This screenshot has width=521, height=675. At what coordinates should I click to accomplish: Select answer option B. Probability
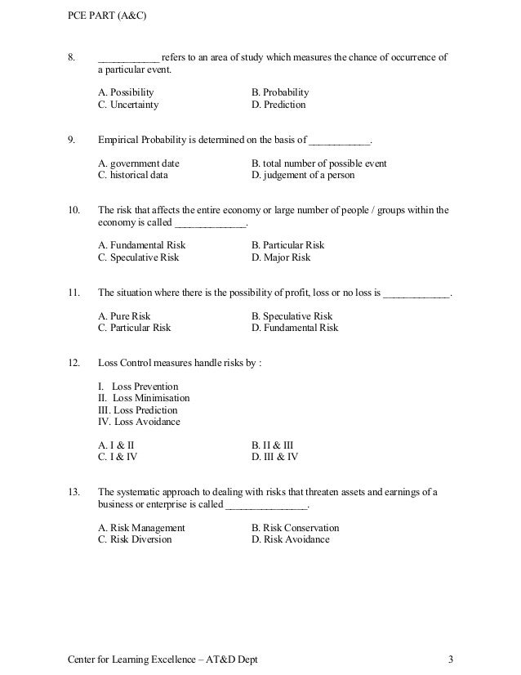click(279, 92)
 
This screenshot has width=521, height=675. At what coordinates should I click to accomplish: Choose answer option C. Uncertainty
click(128, 105)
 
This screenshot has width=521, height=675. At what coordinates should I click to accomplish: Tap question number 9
click(72, 140)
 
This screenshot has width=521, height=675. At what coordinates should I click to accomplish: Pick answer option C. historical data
click(133, 175)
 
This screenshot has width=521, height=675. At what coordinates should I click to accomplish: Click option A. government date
click(138, 163)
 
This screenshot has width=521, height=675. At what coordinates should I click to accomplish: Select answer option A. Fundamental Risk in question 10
click(141, 245)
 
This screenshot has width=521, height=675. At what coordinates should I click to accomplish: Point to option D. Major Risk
click(281, 257)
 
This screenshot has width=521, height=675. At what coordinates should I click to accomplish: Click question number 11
click(74, 293)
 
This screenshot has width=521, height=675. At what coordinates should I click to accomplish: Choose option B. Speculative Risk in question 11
click(292, 316)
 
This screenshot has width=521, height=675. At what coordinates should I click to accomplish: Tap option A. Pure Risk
click(124, 316)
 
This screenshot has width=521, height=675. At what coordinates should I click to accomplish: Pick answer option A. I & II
click(117, 445)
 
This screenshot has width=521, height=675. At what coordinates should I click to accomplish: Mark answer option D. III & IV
click(275, 457)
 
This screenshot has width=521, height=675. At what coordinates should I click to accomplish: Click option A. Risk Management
click(141, 528)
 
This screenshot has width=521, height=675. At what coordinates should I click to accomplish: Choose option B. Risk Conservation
click(295, 528)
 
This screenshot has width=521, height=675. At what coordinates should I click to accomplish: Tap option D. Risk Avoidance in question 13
click(290, 539)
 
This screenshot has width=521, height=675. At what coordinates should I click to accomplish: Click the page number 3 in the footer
click(450, 659)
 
